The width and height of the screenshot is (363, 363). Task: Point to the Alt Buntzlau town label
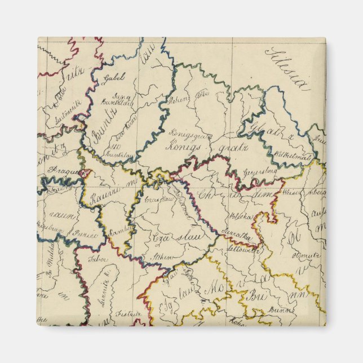coord(115,148)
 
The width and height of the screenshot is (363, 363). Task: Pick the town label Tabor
coord(98,260)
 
